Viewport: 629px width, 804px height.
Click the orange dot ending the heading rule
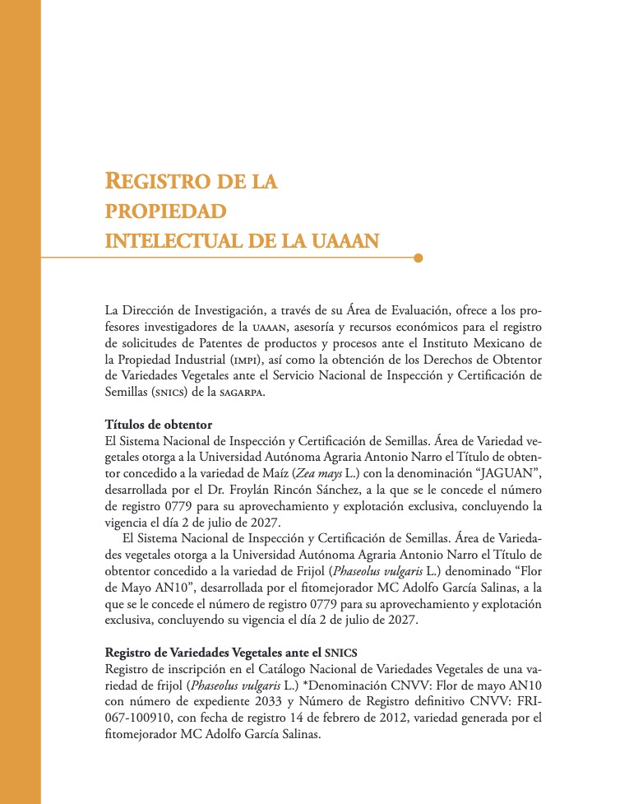[419, 258]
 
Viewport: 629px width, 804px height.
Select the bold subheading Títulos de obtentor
[159, 425]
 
